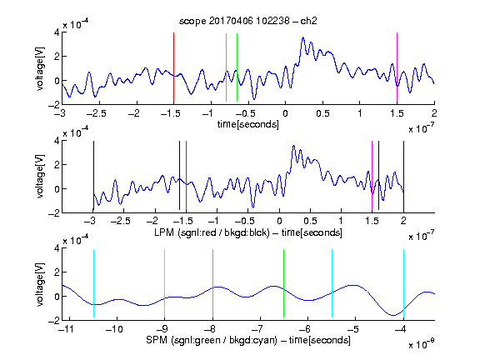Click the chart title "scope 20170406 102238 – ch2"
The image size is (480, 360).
[x=248, y=21]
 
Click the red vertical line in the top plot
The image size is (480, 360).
[x=173, y=67]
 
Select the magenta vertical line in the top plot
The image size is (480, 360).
[x=397, y=67]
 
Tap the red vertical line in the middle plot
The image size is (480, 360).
[x=186, y=176]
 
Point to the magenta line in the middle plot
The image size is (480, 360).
[x=372, y=176]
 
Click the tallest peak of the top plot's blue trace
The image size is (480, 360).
[x=303, y=37]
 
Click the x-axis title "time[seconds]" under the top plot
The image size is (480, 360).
[x=248, y=124]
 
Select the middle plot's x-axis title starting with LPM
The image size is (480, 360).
[x=248, y=232]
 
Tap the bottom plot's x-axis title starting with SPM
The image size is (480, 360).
[x=248, y=340]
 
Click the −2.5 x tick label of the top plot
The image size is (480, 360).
[x=96, y=113]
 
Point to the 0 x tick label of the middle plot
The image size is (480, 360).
[x=279, y=221]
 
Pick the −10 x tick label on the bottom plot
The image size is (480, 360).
[x=114, y=329]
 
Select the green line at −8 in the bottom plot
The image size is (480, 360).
[x=212, y=283]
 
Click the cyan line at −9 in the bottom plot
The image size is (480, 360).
[x=164, y=283]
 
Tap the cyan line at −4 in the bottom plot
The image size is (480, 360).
[x=403, y=283]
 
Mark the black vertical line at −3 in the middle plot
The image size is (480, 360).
[x=93, y=176]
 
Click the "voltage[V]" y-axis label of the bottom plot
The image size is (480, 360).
[x=40, y=284]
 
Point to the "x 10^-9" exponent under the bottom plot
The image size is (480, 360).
[x=421, y=344]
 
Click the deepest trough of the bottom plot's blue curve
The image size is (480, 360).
[x=393, y=315]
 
